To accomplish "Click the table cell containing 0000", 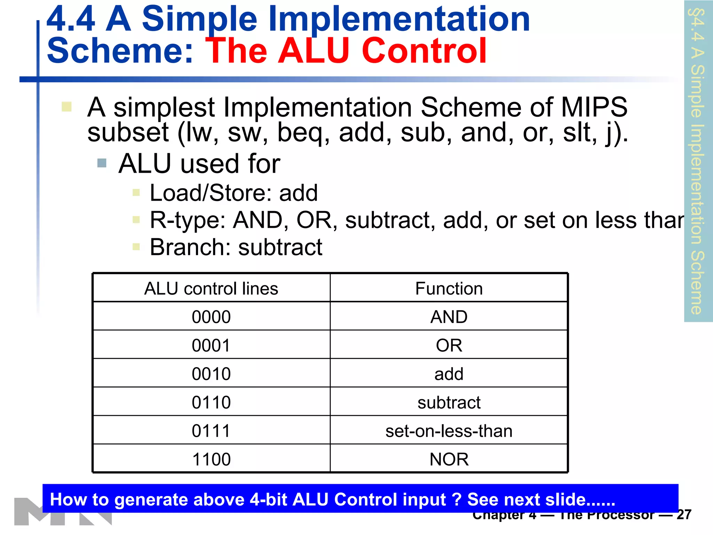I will (x=211, y=317).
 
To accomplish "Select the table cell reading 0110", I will (x=211, y=402).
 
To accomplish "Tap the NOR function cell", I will (x=449, y=459).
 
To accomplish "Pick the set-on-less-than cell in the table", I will (x=449, y=431).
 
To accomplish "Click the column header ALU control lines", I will (x=211, y=288).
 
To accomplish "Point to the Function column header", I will (x=449, y=288).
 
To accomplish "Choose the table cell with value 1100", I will (x=211, y=459).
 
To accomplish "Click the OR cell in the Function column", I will (x=449, y=345).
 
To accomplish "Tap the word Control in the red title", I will (x=424, y=51).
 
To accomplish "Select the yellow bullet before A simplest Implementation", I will (x=66, y=107).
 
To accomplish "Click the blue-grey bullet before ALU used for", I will (x=102, y=163).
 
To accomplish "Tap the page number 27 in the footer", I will (x=684, y=515).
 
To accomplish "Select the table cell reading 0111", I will (x=211, y=431).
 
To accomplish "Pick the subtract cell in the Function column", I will (x=449, y=402).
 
